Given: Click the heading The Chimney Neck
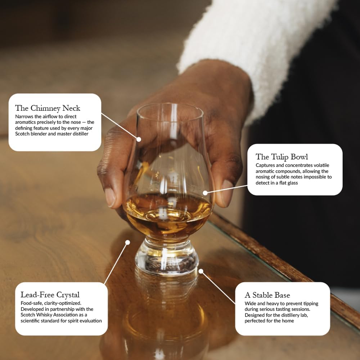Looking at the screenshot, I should pyautogui.click(x=48, y=108).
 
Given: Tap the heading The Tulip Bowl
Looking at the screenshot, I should pyautogui.click(x=282, y=157).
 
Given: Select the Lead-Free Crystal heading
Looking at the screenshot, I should pyautogui.click(x=50, y=295).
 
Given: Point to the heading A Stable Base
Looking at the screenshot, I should pyautogui.click(x=267, y=295).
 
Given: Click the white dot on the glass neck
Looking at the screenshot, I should pyautogui.click(x=139, y=139).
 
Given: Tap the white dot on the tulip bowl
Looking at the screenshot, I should pyautogui.click(x=205, y=193).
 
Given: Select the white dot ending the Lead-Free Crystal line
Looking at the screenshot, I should pyautogui.click(x=127, y=243).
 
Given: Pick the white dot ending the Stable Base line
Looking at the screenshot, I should pyautogui.click(x=201, y=271).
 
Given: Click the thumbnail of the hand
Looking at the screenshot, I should pyautogui.click(x=110, y=196).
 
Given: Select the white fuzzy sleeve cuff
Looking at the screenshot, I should pyautogui.click(x=230, y=54).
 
